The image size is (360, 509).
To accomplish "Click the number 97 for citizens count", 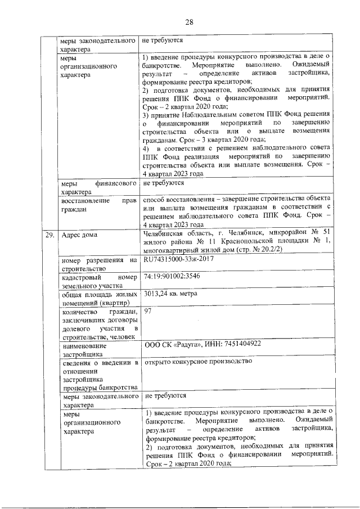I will (148, 311).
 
